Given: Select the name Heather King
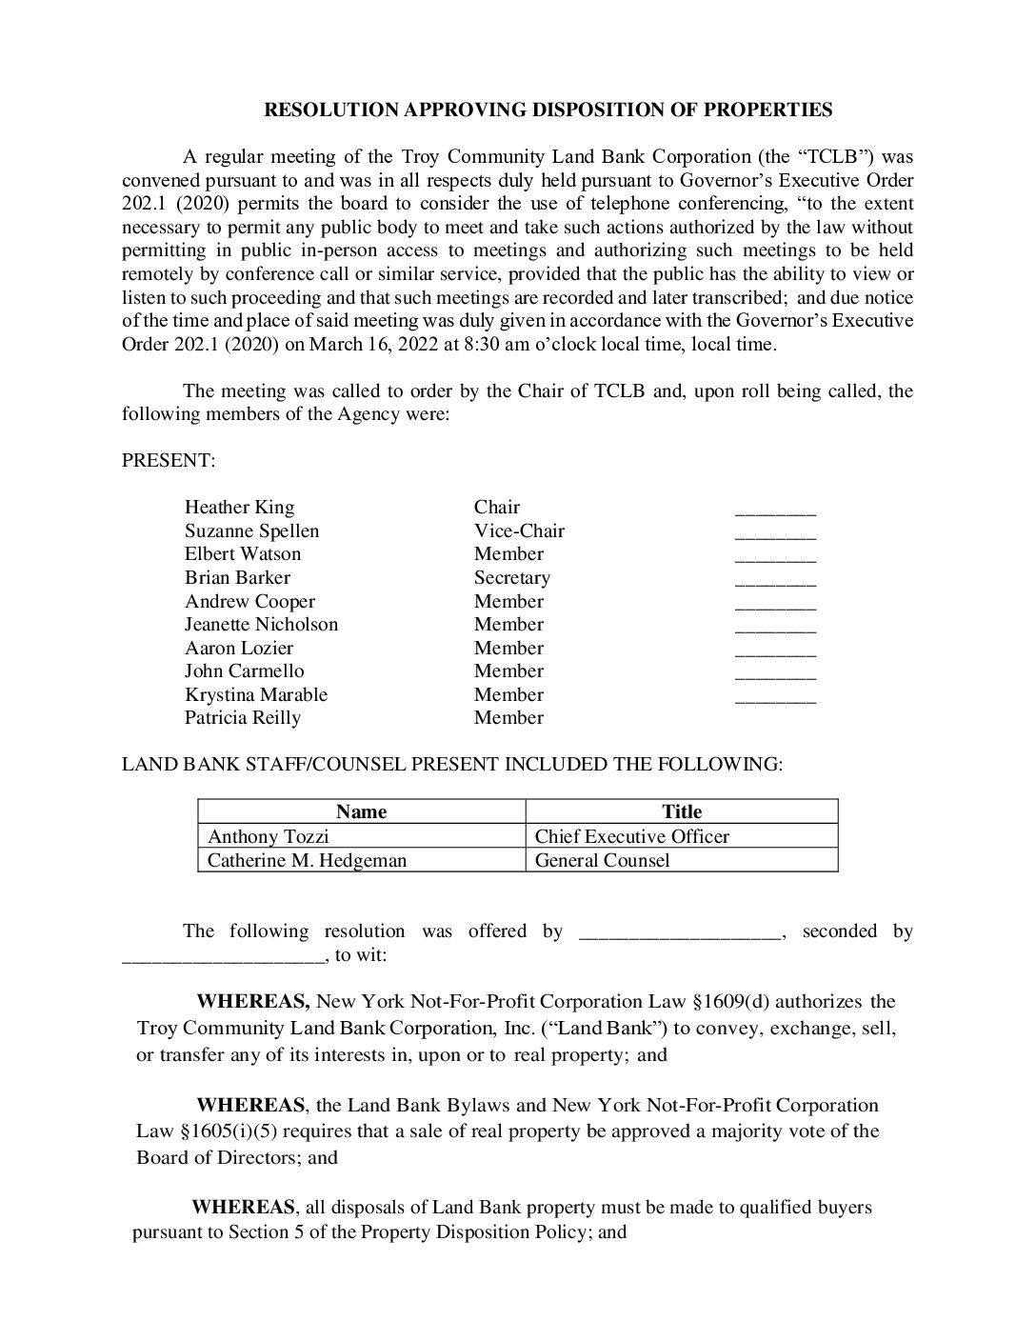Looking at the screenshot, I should tap(240, 507).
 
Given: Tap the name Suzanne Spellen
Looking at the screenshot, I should tap(252, 530).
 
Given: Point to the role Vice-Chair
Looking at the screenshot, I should tap(519, 530).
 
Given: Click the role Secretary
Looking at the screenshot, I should tap(512, 577).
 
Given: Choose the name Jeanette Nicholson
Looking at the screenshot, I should tap(261, 624).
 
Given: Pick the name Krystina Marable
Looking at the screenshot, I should tap(256, 694).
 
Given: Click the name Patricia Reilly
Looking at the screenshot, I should tap(243, 717).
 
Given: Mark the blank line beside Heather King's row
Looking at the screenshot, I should tap(775, 510).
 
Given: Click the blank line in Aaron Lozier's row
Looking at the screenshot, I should tap(775, 651).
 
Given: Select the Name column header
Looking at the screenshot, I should tap(361, 811).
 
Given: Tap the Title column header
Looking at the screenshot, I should tap(682, 811).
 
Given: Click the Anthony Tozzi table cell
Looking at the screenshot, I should tap(269, 836).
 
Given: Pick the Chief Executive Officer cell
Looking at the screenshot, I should tap(632, 836).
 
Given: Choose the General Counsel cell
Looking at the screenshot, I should tap(603, 860).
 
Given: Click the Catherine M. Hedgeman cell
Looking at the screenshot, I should tap(308, 860).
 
